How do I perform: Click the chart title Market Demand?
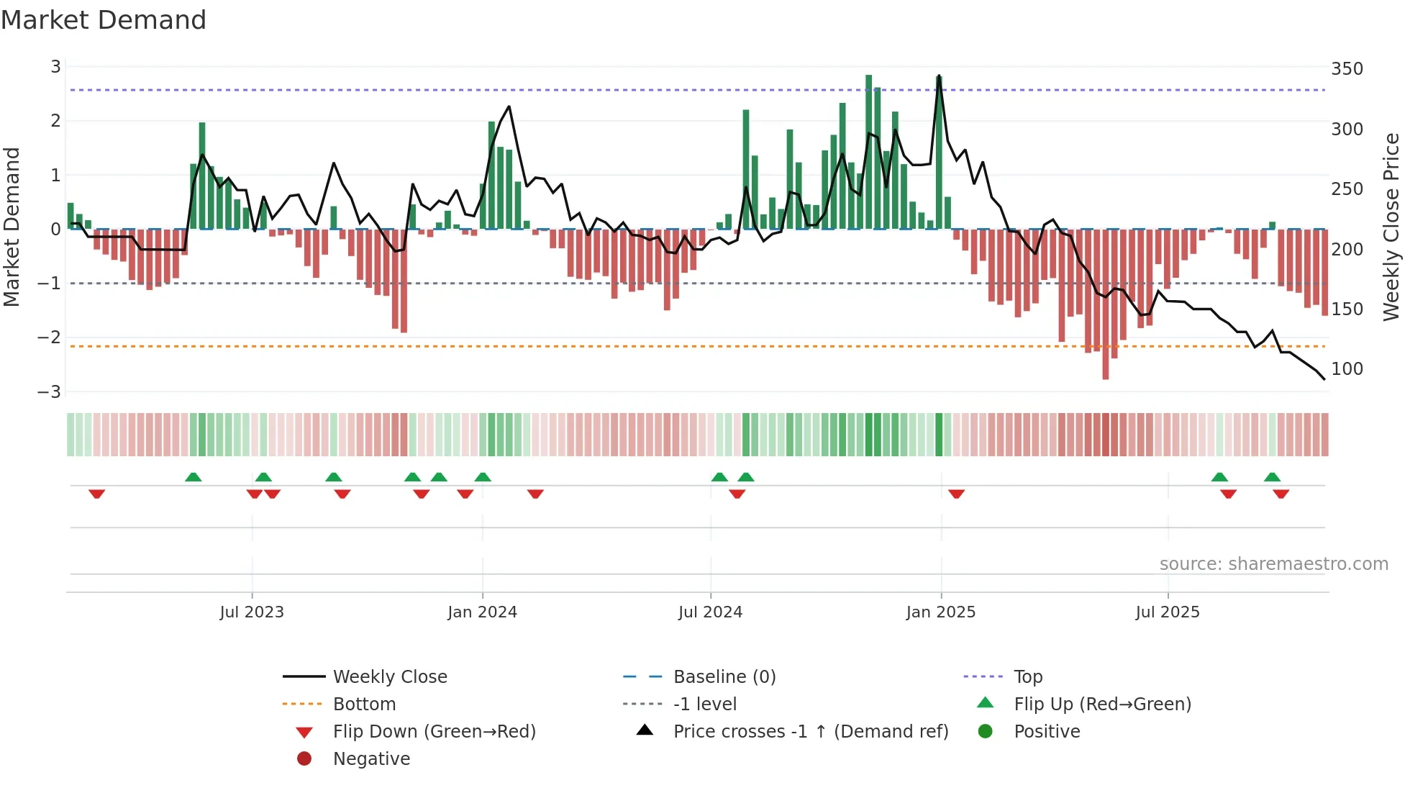tap(104, 20)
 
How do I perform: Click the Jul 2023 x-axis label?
tap(252, 612)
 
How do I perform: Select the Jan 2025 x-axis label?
tap(940, 612)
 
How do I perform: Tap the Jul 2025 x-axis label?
tap(1168, 612)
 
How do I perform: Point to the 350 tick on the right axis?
tap(1347, 69)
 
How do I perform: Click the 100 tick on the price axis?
tap(1347, 369)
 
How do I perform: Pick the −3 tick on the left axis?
tap(50, 392)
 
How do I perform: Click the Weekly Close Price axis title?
tap(1391, 227)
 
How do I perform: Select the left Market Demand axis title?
tap(12, 227)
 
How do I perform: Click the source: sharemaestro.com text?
tap(1273, 564)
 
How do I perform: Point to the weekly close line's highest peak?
tap(939, 76)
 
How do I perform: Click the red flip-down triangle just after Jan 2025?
tap(956, 494)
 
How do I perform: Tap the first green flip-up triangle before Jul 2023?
tap(194, 477)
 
